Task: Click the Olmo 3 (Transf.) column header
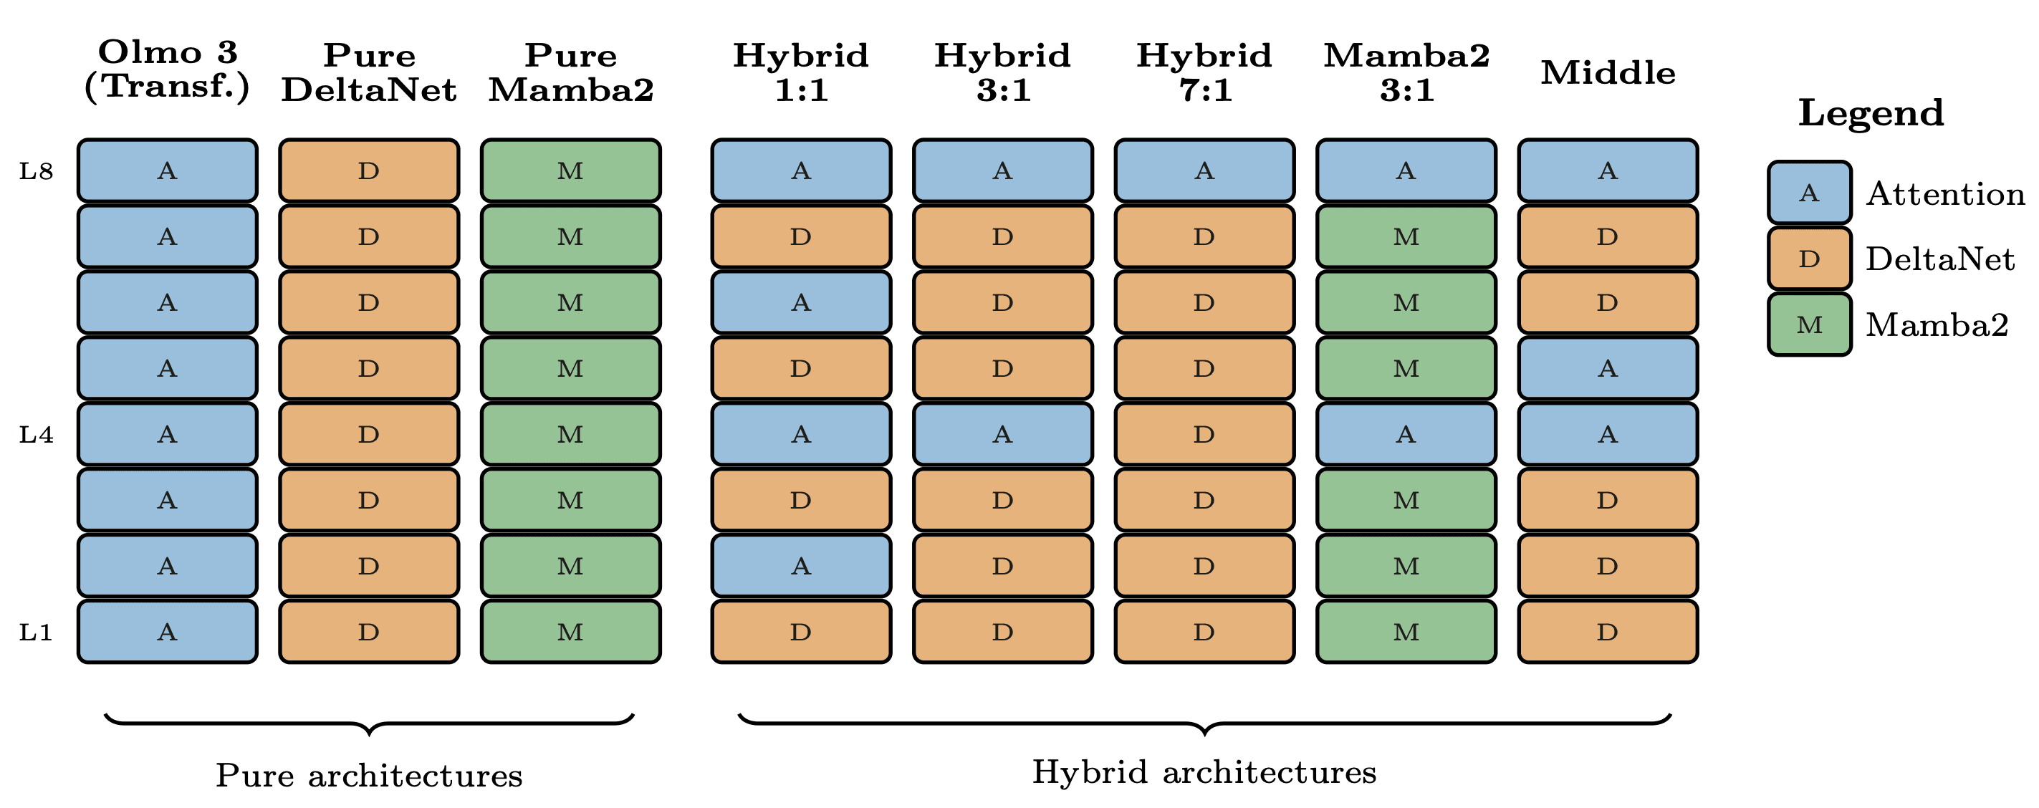click(x=167, y=69)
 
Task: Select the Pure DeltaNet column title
click(x=369, y=73)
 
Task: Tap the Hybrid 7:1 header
click(x=1204, y=73)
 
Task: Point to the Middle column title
click(x=1608, y=73)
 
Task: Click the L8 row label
click(x=37, y=171)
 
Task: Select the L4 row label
click(x=37, y=435)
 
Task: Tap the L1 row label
click(x=37, y=633)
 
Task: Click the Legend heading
click(x=1871, y=112)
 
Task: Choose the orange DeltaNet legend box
click(x=1810, y=259)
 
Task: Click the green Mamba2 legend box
click(x=1810, y=324)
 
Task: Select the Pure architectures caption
click(x=369, y=776)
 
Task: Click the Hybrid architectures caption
click(x=1204, y=772)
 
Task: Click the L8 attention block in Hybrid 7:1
click(x=1204, y=171)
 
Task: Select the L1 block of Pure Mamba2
click(x=570, y=633)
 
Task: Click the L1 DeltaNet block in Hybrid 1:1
click(x=800, y=633)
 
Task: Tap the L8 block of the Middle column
click(x=1608, y=171)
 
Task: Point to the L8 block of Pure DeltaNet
click(x=369, y=171)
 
